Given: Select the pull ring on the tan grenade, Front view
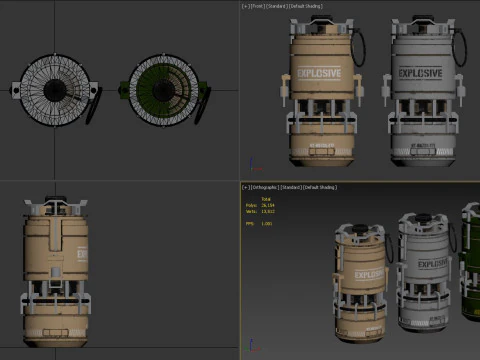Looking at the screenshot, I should click(x=357, y=46).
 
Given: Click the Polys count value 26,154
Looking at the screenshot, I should click(x=267, y=205).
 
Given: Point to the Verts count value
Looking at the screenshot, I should click(x=267, y=211).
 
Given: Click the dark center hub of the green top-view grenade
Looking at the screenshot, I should click(x=163, y=89).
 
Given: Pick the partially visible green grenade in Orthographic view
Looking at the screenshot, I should click(x=470, y=260).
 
